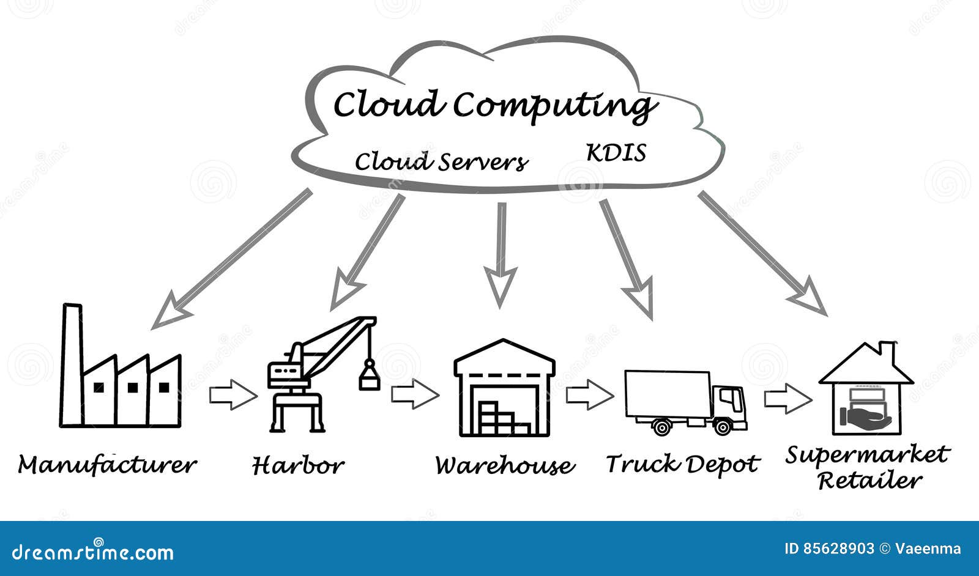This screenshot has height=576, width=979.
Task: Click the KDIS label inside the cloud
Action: [x=616, y=153]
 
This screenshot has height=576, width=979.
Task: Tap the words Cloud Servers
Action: [x=441, y=162]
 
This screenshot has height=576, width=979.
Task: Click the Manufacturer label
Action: [x=107, y=465]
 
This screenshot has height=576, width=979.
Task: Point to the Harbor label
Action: [x=298, y=465]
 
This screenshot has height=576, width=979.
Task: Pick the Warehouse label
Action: [x=505, y=465]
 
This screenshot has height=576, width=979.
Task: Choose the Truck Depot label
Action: [x=682, y=464]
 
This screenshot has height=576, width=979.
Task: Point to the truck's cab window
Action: [x=728, y=397]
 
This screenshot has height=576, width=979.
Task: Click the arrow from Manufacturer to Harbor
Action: [x=233, y=395]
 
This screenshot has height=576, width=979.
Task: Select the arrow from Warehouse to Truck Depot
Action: [x=589, y=395]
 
